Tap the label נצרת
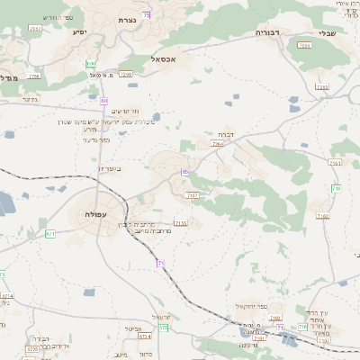pyautogui.click(x=128, y=19)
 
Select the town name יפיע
pyautogui.click(x=77, y=31)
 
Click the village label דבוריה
pyautogui.click(x=268, y=31)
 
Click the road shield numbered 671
pyautogui.click(x=50, y=234)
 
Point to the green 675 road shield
pyautogui.click(x=164, y=328)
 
